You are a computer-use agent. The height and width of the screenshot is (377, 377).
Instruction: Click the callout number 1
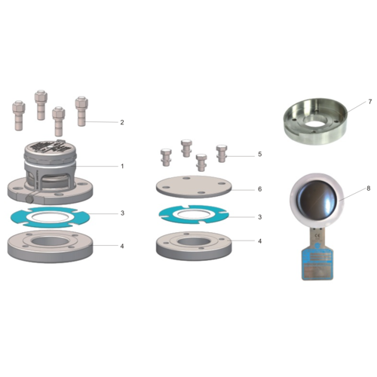tap(122, 166)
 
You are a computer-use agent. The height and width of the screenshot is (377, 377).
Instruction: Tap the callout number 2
tap(122, 121)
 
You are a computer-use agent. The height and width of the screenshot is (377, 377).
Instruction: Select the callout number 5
tap(259, 155)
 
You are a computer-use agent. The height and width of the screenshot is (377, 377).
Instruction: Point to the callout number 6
tap(259, 189)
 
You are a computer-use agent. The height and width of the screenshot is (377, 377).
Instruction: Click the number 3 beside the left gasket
tap(122, 213)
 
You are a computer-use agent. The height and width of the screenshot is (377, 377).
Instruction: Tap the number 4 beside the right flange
tap(259, 241)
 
